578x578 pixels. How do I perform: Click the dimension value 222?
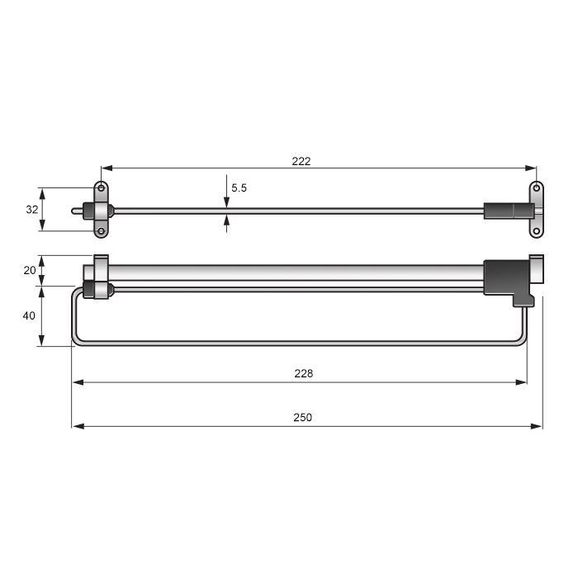(x=301, y=161)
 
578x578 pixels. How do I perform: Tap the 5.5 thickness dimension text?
(x=239, y=188)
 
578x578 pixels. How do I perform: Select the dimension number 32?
(x=32, y=210)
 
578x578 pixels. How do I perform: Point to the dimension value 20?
(x=30, y=271)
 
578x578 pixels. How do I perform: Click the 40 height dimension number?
(x=30, y=315)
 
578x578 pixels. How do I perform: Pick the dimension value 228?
(x=303, y=373)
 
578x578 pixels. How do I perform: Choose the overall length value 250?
(x=303, y=418)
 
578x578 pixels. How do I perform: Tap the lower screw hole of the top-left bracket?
(x=101, y=231)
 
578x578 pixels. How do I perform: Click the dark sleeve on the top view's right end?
(x=504, y=211)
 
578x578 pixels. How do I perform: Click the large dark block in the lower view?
(x=505, y=278)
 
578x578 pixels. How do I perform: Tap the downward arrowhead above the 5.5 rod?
(x=226, y=203)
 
